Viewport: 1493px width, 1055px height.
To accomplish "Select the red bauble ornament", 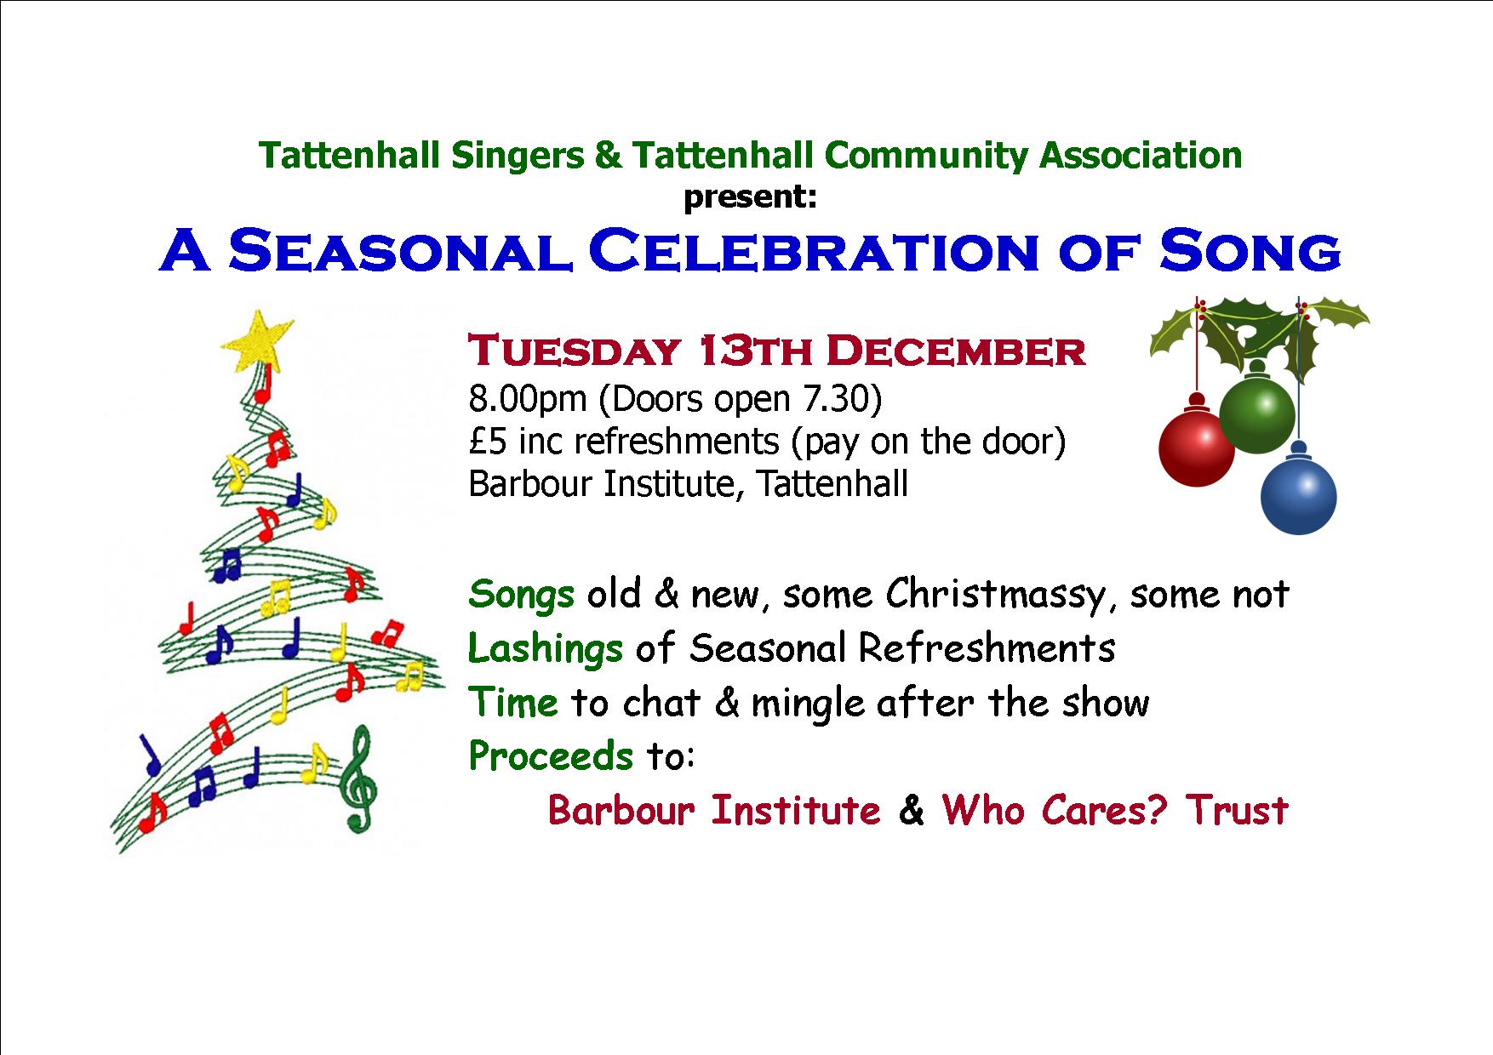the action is click(1197, 448).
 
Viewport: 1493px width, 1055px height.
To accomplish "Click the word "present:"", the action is click(751, 197).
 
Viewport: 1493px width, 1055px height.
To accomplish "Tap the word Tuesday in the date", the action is click(575, 351).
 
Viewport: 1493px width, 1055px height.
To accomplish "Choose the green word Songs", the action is click(521, 595).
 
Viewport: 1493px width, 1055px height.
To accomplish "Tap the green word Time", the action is click(513, 703).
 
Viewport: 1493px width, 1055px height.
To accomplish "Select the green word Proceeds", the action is click(551, 756).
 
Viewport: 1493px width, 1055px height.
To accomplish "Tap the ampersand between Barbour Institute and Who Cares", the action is click(911, 810).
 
